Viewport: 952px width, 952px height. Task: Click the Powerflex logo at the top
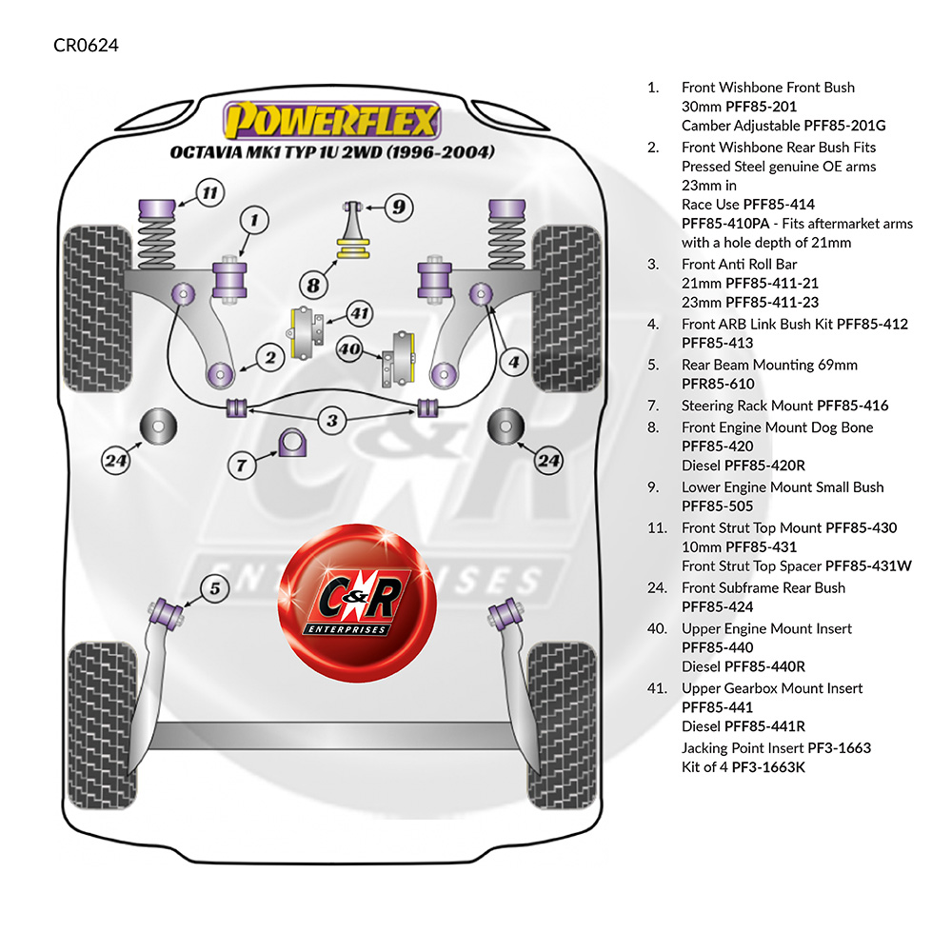click(332, 121)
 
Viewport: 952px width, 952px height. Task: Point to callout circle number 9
click(399, 206)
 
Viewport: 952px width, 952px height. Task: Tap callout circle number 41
click(358, 312)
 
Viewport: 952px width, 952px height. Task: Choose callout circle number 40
click(349, 349)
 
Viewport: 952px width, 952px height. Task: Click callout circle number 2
click(270, 358)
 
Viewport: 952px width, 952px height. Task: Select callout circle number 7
click(242, 465)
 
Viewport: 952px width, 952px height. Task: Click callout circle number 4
click(514, 362)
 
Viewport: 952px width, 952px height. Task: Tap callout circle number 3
click(331, 419)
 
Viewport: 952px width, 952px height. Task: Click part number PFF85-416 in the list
click(852, 406)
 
